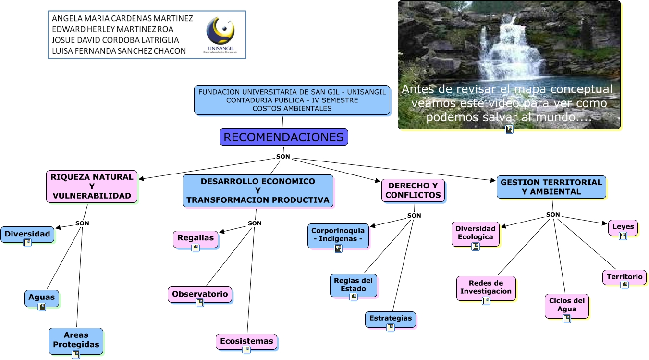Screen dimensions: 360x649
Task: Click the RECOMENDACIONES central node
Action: point(283,137)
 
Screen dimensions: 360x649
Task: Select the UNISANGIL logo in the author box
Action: point(220,34)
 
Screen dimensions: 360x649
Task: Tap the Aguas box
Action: point(42,297)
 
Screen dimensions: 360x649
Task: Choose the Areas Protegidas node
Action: point(76,340)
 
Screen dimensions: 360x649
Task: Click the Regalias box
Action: point(196,238)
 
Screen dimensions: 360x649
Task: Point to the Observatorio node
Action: point(200,294)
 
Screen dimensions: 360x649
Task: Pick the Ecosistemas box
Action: point(246,341)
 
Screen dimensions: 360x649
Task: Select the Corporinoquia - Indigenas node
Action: point(338,235)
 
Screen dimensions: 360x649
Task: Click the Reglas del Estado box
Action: point(353,285)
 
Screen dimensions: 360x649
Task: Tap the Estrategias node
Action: point(390,318)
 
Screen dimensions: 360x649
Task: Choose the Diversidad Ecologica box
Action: point(475,233)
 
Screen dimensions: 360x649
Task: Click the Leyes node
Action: point(623,227)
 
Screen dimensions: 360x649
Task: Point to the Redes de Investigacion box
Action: point(486,287)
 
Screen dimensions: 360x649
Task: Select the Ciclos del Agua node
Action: point(566,305)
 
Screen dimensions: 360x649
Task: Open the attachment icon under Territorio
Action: point(625,285)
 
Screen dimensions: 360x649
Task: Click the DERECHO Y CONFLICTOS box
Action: point(413,190)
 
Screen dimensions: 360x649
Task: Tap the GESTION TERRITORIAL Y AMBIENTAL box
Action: point(551,186)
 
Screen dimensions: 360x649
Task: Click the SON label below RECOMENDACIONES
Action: point(283,157)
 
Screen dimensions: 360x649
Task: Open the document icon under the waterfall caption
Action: point(509,129)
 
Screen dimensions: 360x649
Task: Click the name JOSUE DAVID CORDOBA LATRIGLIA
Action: point(115,40)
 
